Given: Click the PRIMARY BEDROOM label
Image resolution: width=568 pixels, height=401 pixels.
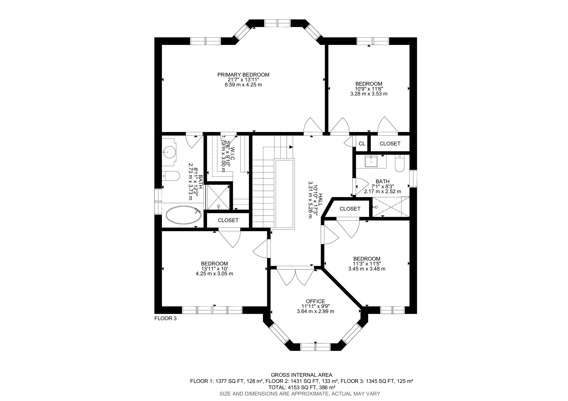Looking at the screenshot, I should [x=243, y=75].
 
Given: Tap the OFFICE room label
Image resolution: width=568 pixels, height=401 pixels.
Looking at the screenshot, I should [x=315, y=301].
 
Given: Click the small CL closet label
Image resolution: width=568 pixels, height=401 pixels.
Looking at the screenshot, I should [x=362, y=144].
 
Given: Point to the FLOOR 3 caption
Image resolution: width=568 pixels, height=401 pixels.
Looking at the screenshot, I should [x=165, y=318].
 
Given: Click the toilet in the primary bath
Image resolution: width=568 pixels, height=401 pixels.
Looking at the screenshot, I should [x=171, y=176].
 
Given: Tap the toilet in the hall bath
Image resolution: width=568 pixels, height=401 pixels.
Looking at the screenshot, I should [x=400, y=164].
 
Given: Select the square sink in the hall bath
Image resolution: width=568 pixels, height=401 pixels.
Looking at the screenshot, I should [x=371, y=162].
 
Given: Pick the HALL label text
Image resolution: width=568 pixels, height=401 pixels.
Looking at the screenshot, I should [x=321, y=199].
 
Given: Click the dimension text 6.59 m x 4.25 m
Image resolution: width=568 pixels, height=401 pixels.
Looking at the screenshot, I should [x=243, y=85].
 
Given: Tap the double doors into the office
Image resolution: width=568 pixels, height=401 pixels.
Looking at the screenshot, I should [x=295, y=275].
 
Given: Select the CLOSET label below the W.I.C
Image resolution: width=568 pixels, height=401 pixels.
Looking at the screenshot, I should [x=228, y=220].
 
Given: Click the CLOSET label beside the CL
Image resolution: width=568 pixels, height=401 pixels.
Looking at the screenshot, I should [x=390, y=144].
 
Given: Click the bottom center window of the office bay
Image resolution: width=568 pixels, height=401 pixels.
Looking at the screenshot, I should [x=316, y=347].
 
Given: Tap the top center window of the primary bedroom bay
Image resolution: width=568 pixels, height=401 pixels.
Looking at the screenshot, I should [x=277, y=23].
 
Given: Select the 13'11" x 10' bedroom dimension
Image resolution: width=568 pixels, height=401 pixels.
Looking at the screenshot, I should [x=214, y=269].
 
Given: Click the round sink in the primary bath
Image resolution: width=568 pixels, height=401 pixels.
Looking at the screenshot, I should [x=168, y=152].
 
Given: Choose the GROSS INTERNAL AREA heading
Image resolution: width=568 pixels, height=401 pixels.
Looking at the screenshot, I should [x=301, y=375].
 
